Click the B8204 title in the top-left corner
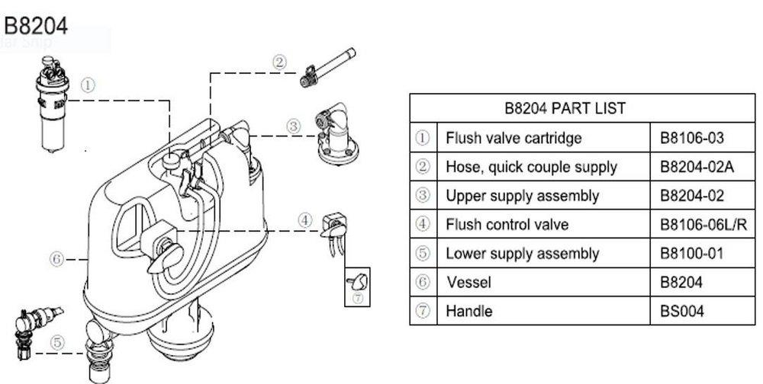tap(36, 27)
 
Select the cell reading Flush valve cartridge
tap(513, 138)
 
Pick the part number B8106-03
tap(691, 138)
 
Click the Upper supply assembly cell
tap(523, 196)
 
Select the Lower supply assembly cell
tap(523, 254)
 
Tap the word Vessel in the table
tap(468, 283)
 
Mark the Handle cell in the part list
tap(469, 311)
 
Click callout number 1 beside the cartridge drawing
tap(89, 85)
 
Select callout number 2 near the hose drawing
tap(280, 62)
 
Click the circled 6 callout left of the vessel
tap(56, 259)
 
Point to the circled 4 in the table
tap(423, 225)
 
